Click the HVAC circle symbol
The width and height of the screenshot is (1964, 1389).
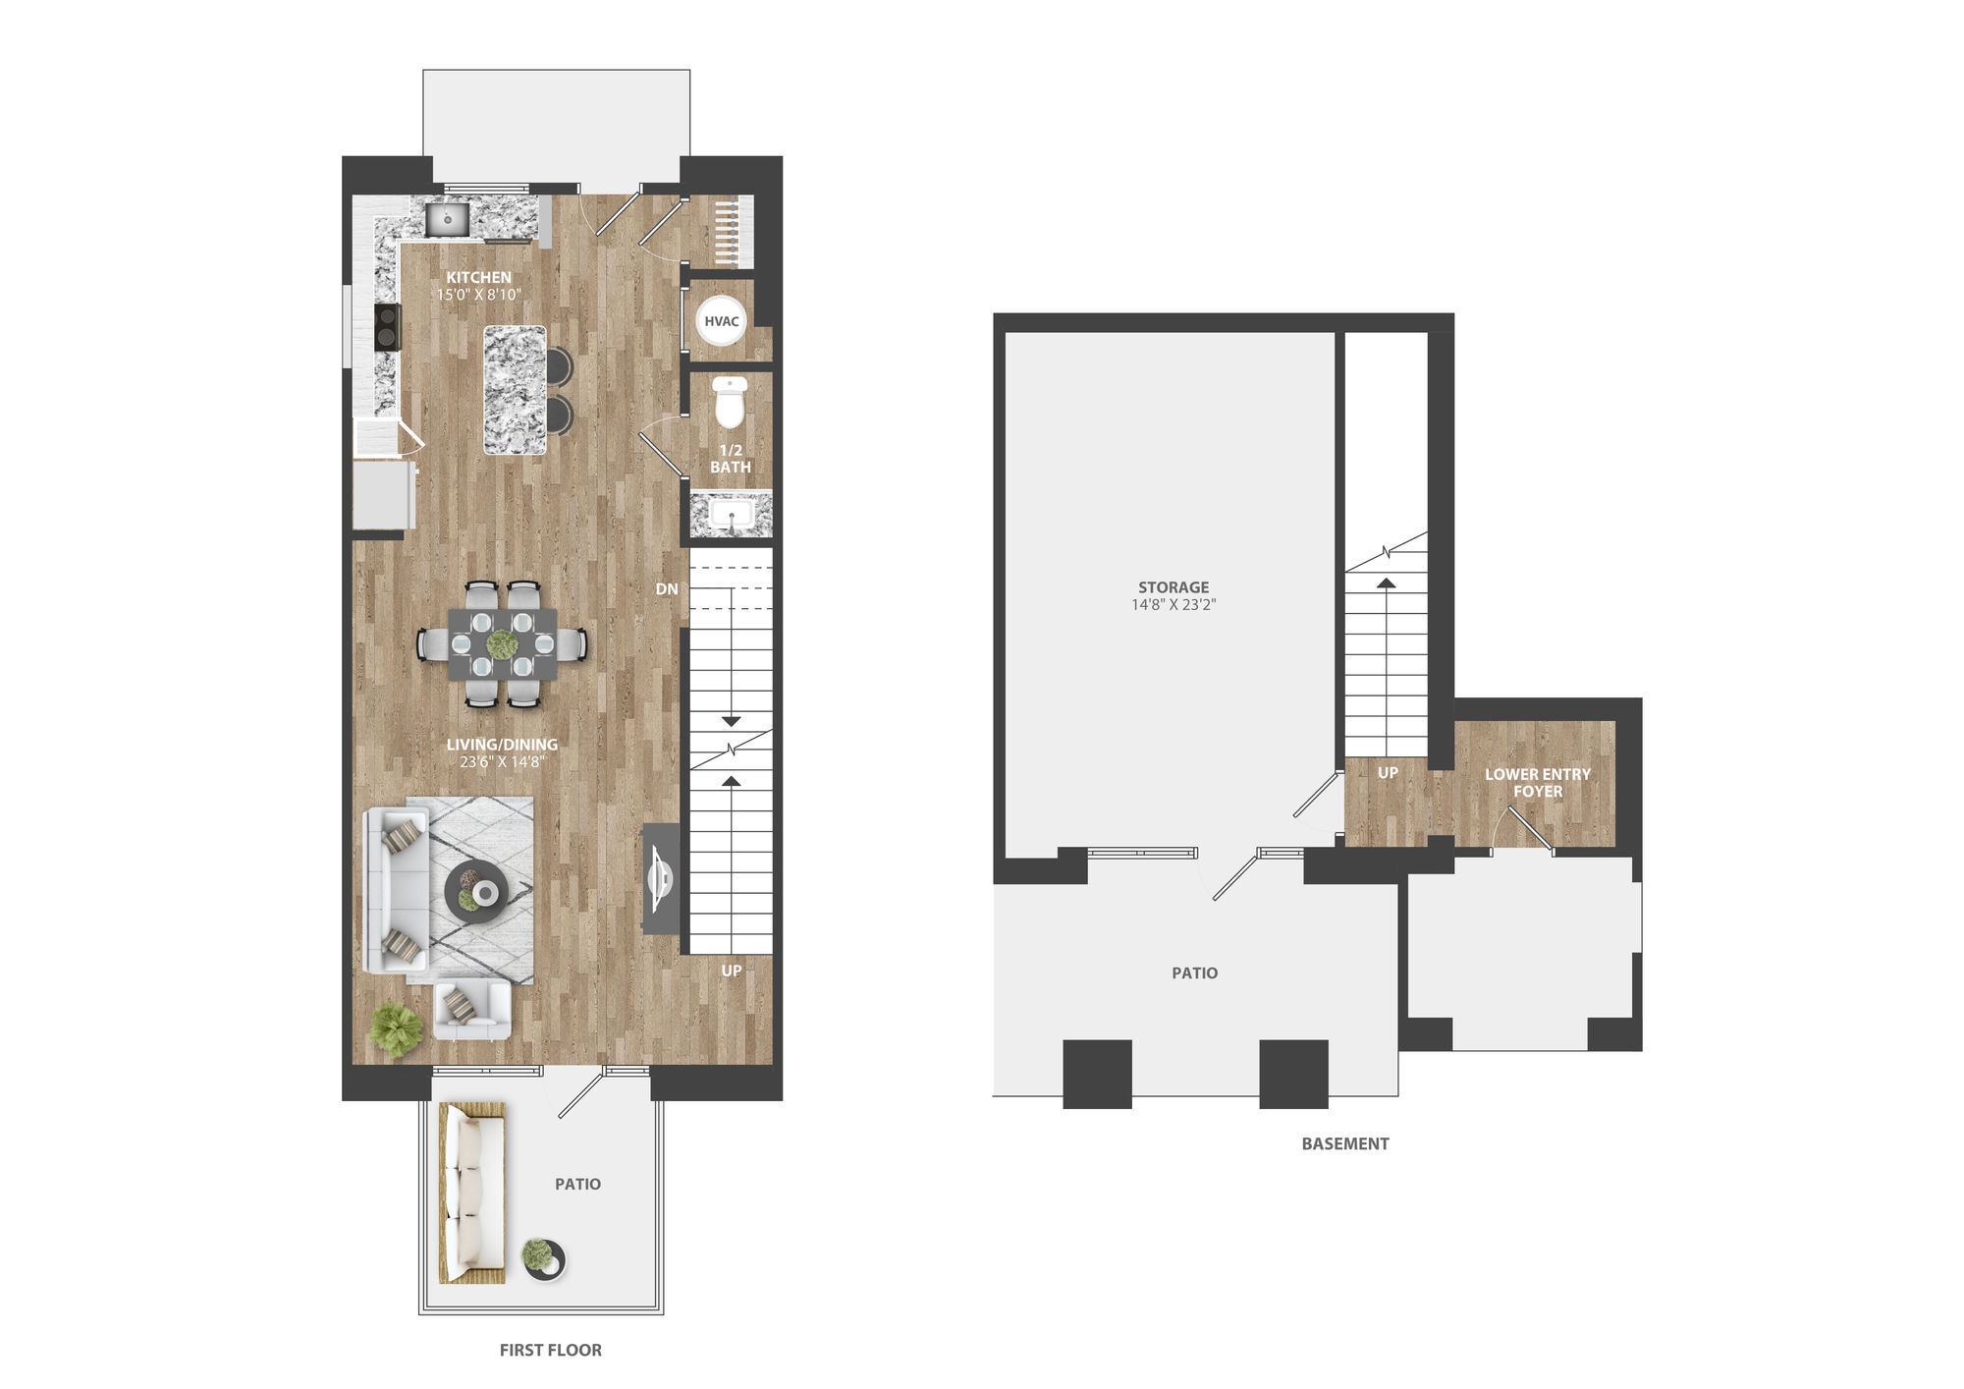(722, 321)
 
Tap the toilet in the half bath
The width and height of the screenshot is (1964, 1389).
(730, 403)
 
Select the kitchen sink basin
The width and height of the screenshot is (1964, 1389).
(448, 219)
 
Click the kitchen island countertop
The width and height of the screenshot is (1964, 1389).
(515, 390)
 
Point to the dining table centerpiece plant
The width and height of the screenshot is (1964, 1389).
(502, 645)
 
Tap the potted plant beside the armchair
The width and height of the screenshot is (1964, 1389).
(396, 1028)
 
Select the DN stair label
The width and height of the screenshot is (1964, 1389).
(667, 589)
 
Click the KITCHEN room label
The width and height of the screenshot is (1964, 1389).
(478, 277)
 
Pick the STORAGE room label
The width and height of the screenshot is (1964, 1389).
(1173, 587)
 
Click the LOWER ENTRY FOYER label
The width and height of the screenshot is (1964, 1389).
(1537, 782)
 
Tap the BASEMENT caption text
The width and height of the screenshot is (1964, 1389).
(1344, 1143)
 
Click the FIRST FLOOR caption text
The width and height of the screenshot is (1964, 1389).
(550, 1350)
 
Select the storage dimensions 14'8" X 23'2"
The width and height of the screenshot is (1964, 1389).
(1173, 605)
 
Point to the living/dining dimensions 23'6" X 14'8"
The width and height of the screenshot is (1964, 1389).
(502, 761)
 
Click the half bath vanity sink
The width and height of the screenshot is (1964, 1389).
(731, 515)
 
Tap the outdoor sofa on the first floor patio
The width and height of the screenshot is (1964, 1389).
(471, 1193)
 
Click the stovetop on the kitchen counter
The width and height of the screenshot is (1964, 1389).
(388, 326)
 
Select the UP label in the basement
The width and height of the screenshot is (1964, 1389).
(1388, 773)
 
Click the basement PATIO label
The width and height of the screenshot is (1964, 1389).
(1194, 972)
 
